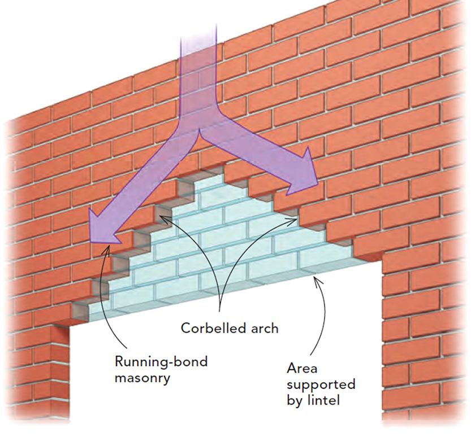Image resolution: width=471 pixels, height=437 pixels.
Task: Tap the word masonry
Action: pyautogui.click(x=142, y=378)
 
